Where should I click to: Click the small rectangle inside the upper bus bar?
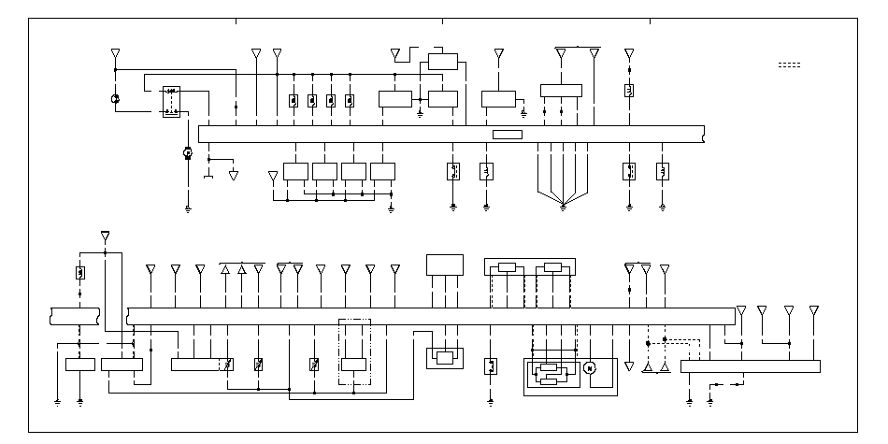508,135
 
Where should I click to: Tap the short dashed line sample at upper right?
790,64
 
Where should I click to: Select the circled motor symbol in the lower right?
589,367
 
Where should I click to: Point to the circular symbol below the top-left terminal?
115,99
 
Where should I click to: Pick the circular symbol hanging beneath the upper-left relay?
187,152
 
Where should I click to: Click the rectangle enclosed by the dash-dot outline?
354,365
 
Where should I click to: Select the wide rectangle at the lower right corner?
750,366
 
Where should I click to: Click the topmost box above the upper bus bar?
443,63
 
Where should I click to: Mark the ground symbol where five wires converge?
563,206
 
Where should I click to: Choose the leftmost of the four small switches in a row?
294,101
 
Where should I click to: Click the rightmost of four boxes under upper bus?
383,171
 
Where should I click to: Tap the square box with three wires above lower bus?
445,265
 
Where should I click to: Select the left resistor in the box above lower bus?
507,267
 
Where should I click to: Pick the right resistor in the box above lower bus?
552,267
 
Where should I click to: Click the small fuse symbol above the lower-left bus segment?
80,273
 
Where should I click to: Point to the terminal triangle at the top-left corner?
115,52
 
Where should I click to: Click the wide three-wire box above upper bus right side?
561,91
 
